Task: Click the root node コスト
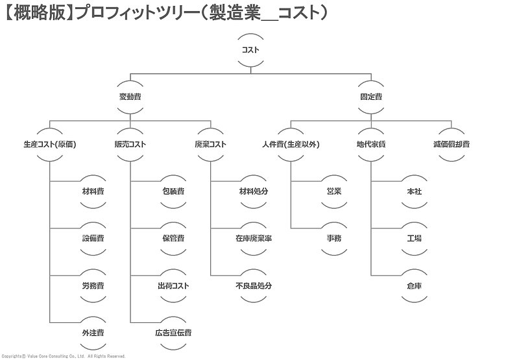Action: click(250, 50)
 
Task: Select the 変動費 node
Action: click(130, 97)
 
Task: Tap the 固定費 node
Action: click(371, 97)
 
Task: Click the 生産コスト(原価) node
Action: click(50, 144)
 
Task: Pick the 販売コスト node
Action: click(130, 144)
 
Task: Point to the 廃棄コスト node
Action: click(211, 144)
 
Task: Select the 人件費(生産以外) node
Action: click(291, 144)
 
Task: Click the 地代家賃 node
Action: click(371, 144)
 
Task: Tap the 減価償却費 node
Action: click(452, 144)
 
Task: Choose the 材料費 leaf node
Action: click(93, 191)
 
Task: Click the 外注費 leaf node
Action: click(93, 333)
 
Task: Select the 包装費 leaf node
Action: click(173, 191)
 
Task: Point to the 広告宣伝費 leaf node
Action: click(173, 333)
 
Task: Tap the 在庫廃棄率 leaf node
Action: click(254, 239)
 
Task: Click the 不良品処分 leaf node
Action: click(254, 285)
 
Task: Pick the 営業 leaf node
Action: click(334, 191)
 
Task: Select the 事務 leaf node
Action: click(334, 239)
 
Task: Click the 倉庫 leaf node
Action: click(415, 285)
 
